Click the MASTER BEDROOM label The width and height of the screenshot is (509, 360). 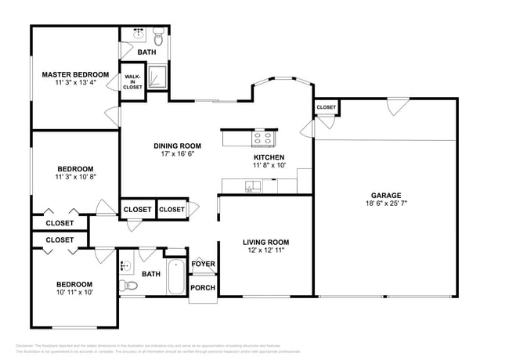click(75, 74)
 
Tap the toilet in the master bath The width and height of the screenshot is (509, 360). click(157, 36)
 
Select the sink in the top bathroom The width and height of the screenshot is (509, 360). click(138, 34)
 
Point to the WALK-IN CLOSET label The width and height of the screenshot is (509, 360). click(132, 81)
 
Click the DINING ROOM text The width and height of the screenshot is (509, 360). click(177, 146)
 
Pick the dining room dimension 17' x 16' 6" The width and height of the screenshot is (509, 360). click(177, 154)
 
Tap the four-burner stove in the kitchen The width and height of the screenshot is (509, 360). click(262, 139)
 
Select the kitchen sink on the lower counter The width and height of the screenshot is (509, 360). click(251, 185)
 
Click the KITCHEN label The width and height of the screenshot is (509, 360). click(268, 157)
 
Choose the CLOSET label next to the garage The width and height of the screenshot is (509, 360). click(326, 107)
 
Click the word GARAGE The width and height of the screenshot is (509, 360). click(385, 195)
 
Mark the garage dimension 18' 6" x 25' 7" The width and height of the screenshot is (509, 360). click(385, 203)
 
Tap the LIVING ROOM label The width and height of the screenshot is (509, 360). click(265, 242)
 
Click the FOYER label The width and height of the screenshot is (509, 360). click(203, 264)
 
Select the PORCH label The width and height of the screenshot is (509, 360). click(203, 287)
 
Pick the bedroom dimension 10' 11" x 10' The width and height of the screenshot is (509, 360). click(74, 293)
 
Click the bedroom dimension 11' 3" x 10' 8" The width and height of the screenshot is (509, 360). click(75, 178)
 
